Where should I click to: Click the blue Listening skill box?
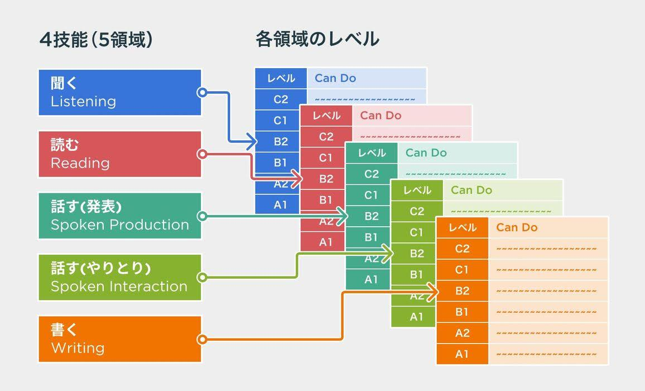pos(119,93)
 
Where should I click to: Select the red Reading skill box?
pos(119,154)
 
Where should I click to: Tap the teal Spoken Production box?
pos(119,216)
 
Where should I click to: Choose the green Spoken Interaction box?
pos(119,278)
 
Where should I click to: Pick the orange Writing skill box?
pos(119,339)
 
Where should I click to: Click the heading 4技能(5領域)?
pos(96,40)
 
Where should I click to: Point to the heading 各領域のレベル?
pos(317,39)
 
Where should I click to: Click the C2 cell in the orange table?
pos(462,249)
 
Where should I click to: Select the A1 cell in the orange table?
pos(462,354)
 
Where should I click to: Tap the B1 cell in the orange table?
pos(462,312)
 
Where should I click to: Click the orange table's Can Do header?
pos(517,227)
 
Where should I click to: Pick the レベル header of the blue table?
pos(281,78)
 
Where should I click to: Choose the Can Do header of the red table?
pos(381,116)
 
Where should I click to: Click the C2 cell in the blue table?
pos(281,99)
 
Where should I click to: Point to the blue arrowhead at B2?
pos(252,142)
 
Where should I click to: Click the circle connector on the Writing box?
pos(202,339)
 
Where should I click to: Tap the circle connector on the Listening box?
pos(202,93)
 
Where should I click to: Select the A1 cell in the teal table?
pos(372,279)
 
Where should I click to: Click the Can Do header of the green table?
pos(471,190)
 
